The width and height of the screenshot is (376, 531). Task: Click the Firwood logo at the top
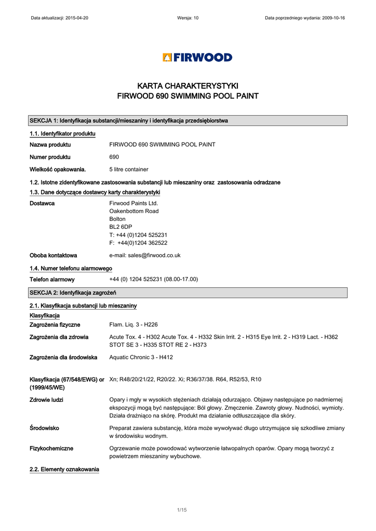[197, 58]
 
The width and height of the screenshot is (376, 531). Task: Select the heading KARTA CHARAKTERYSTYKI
[187, 86]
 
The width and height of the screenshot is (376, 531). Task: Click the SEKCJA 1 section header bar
[187, 121]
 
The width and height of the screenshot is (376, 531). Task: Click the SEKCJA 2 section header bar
[187, 293]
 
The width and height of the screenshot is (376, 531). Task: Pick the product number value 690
[114, 157]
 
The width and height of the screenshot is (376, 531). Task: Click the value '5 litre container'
[129, 170]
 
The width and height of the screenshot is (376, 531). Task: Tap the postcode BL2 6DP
[120, 227]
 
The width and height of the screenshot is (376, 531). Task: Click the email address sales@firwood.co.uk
[145, 256]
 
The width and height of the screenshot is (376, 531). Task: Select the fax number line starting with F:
[138, 243]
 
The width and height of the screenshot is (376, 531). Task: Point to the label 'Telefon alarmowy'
[52, 280]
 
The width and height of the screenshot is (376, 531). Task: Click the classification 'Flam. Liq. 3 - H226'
[133, 325]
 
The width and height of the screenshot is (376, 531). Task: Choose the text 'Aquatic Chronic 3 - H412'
[141, 357]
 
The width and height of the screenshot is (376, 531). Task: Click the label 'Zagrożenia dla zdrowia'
[59, 337]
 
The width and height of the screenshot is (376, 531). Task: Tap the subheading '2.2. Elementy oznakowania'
[64, 470]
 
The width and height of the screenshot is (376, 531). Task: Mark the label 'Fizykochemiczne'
[51, 448]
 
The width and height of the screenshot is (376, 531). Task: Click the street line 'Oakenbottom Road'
[134, 212]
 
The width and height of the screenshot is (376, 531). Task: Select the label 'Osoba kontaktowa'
[53, 256]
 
